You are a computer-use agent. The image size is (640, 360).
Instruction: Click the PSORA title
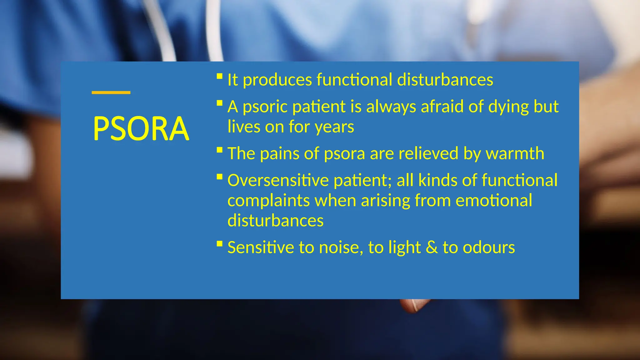point(141,128)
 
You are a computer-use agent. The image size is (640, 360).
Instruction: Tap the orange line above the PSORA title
point(111,92)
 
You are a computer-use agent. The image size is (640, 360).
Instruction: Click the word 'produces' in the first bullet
point(277,80)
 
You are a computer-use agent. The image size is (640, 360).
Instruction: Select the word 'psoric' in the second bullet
point(265,107)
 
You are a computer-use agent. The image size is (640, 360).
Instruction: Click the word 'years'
point(334,127)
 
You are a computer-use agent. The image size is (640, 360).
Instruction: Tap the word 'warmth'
point(515,153)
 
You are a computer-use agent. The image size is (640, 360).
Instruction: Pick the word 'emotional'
point(494,200)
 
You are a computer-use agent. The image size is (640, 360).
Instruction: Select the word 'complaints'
point(268,201)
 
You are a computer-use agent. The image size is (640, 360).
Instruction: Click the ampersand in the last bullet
point(432,247)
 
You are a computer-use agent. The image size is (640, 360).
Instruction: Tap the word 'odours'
point(489,247)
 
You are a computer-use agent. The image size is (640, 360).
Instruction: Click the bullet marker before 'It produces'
point(219,76)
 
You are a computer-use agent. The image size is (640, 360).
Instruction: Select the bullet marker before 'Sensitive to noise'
point(219,243)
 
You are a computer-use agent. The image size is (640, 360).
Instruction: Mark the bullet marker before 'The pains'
point(219,150)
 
